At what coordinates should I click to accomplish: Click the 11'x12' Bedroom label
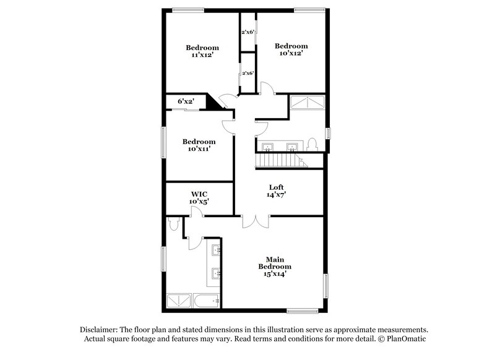tap(202, 51)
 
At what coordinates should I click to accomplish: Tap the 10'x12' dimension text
tap(291, 53)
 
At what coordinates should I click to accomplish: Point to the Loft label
tap(277, 187)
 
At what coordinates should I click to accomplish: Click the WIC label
tap(199, 194)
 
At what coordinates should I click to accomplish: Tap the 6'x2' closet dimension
tap(186, 101)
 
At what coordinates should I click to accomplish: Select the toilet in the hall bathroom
tap(312, 145)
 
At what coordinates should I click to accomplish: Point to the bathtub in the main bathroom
tap(206, 302)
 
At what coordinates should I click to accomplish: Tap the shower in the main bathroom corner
tap(179, 301)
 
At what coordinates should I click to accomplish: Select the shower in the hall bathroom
tap(308, 103)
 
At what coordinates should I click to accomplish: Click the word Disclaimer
tap(100, 330)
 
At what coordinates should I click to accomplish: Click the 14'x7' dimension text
tap(277, 195)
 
